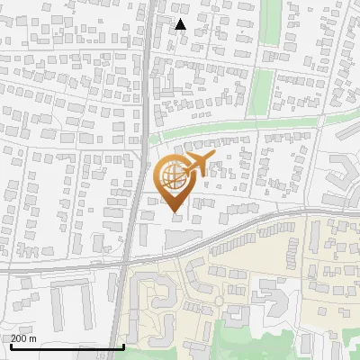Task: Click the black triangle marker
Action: click(x=181, y=24)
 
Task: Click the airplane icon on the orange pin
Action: click(x=196, y=163)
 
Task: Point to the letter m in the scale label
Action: click(x=33, y=338)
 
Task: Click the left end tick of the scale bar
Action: click(x=11, y=346)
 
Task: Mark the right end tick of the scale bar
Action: click(x=123, y=346)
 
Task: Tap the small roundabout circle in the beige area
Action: click(x=217, y=301)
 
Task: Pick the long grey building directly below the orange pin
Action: click(x=185, y=237)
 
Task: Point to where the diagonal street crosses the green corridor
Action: click(x=314, y=120)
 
